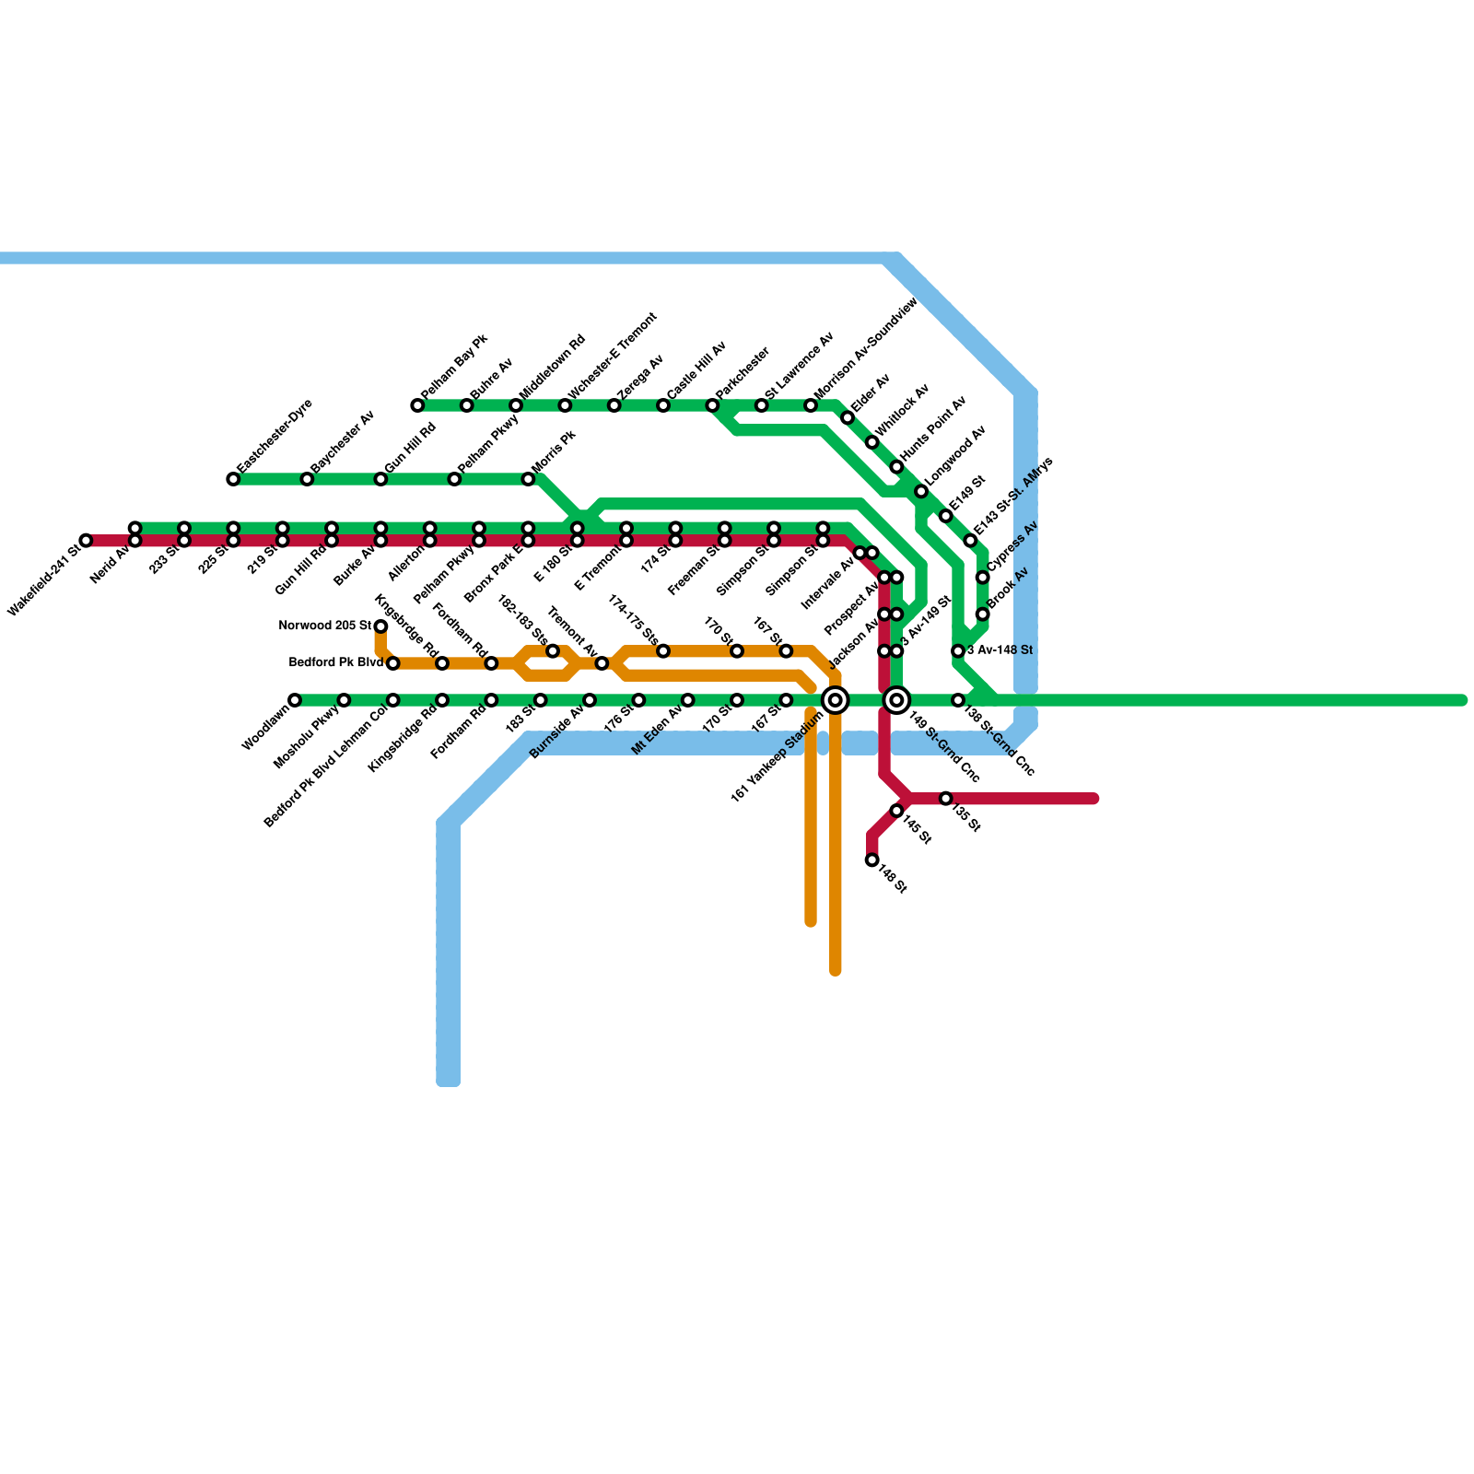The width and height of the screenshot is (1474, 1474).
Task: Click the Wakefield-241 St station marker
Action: coord(86,540)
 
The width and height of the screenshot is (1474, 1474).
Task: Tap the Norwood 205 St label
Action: coord(324,626)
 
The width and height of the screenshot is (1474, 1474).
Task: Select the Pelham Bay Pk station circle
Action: coord(417,405)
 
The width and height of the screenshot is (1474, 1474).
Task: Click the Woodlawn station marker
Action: coord(295,700)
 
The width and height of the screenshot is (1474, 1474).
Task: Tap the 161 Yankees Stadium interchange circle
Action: coord(835,700)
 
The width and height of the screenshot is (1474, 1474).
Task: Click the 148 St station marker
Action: coord(872,860)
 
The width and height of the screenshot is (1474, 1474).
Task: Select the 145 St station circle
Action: coord(896,811)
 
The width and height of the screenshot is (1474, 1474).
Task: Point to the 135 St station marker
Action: coord(945,798)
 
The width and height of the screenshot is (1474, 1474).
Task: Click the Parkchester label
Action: coord(743,373)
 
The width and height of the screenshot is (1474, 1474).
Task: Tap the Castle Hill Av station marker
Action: coord(663,405)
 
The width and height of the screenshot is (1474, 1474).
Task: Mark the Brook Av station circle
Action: coord(982,614)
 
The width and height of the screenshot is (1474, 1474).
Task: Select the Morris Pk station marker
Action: coord(528,479)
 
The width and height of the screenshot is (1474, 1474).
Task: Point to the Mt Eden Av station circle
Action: coord(687,700)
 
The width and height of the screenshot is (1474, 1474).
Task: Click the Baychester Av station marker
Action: coord(307,479)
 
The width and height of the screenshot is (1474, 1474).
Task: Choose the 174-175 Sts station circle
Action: coord(663,651)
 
